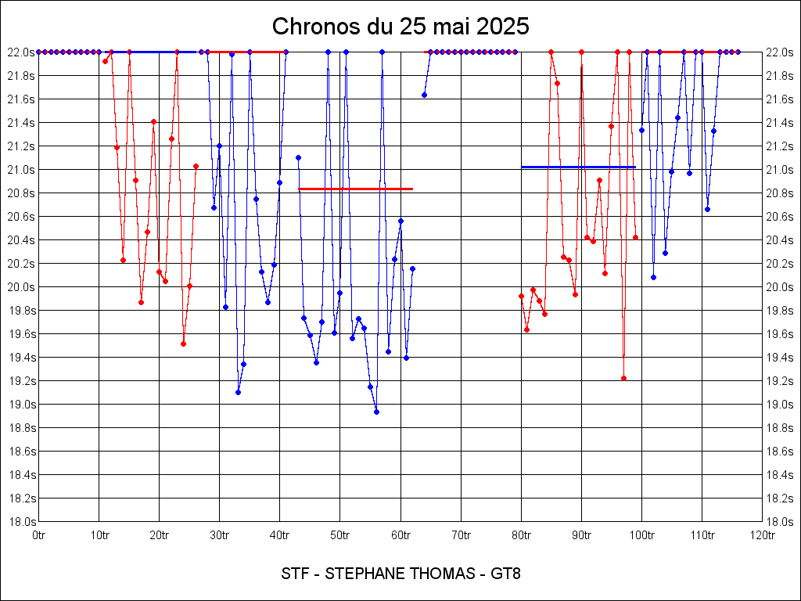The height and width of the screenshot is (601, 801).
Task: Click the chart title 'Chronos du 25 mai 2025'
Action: coord(400,27)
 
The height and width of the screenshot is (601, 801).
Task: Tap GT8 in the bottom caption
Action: coord(505,574)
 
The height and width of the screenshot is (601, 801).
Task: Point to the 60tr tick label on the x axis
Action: coord(400,535)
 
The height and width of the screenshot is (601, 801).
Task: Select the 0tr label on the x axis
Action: coord(38,535)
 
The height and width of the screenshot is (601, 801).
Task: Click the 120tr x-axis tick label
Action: coord(762,535)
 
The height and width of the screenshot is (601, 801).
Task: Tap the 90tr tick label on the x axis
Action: coord(581,535)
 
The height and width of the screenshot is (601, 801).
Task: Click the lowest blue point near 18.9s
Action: coord(376,412)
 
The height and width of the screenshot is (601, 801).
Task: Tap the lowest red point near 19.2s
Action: coord(623,378)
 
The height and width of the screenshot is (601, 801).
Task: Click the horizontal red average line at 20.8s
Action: coord(355,189)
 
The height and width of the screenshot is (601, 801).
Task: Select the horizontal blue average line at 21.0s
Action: coord(578,167)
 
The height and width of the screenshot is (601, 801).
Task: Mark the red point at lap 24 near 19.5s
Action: coord(183,344)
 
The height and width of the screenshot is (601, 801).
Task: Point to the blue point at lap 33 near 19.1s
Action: coord(238,392)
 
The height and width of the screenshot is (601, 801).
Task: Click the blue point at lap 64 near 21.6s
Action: coord(424,95)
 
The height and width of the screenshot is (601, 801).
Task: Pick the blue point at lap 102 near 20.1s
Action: coord(653,277)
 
